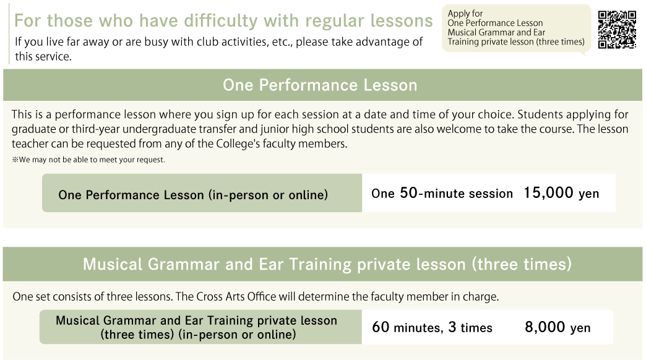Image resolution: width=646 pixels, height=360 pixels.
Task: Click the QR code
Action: pos(617,30)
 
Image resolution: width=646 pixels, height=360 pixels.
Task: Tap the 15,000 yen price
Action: pos(561,193)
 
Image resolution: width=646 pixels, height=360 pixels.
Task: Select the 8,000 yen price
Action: pos(558,327)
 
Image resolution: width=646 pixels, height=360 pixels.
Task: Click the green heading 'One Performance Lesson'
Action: pos(320,85)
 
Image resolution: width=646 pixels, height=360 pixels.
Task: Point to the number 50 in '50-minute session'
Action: pos(408,193)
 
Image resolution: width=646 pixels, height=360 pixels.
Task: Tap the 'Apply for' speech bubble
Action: pos(516,28)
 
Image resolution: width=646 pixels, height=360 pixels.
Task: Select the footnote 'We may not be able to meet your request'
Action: pos(88,160)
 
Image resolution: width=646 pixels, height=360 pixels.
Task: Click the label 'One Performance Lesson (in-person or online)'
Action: pos(193,194)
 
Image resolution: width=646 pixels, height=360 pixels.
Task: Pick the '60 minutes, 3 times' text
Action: pos(432,327)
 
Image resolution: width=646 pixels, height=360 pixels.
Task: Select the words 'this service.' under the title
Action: pos(43,56)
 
